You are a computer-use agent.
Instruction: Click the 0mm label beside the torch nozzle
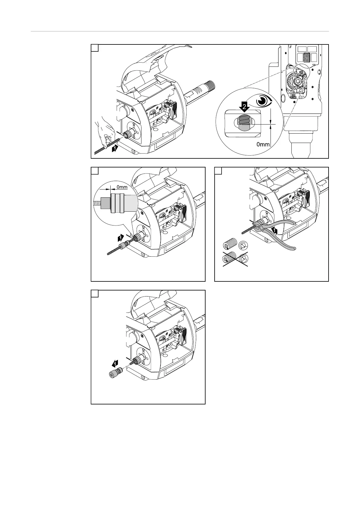pyautogui.click(x=263, y=144)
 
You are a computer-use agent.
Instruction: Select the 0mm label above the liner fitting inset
pyautogui.click(x=122, y=187)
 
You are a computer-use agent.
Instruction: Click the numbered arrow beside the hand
pyautogui.click(x=115, y=149)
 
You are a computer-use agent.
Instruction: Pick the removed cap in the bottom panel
pyautogui.click(x=114, y=374)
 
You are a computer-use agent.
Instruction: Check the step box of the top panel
pyautogui.click(x=95, y=48)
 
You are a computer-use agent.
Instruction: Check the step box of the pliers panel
pyautogui.click(x=218, y=171)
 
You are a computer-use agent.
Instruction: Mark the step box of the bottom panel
pyautogui.click(x=95, y=294)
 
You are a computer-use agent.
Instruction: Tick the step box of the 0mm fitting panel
pyautogui.click(x=95, y=171)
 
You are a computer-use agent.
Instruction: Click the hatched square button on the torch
pyautogui.click(x=307, y=57)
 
